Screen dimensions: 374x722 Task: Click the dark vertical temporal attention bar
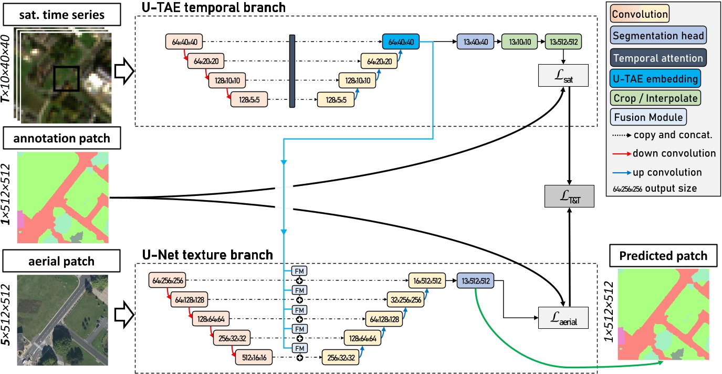tap(292, 71)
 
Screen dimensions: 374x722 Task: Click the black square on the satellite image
tap(66, 78)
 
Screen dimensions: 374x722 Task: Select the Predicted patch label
tap(663, 256)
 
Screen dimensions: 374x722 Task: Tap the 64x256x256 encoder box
tap(167, 281)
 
